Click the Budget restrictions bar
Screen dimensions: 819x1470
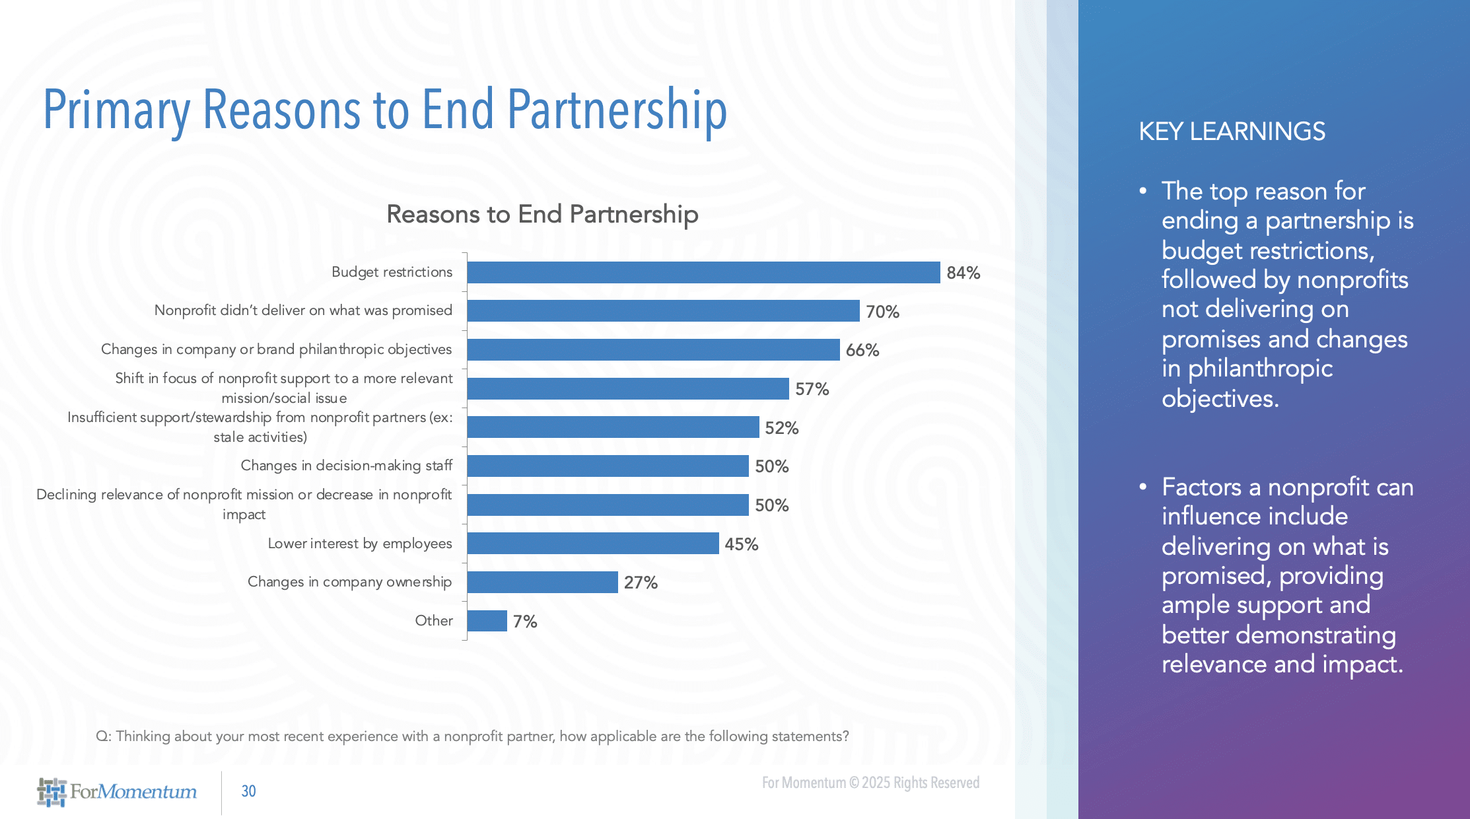pyautogui.click(x=703, y=272)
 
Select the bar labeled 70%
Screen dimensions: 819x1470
pyautogui.click(x=663, y=311)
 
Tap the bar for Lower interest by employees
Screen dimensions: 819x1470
pyautogui.click(x=592, y=544)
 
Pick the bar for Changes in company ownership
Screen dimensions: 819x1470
pyautogui.click(x=542, y=582)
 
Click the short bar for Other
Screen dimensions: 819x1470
pyautogui.click(x=487, y=621)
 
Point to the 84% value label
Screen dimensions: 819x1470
pyautogui.click(x=963, y=273)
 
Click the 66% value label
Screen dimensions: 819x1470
pyautogui.click(x=862, y=350)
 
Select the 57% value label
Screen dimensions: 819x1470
pyautogui.click(x=812, y=389)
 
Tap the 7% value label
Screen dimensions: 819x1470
pyautogui.click(x=525, y=622)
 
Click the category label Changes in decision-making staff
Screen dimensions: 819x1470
pyautogui.click(x=346, y=466)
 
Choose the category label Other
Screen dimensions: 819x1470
pyautogui.click(x=433, y=621)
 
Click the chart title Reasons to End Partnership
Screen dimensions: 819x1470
pyautogui.click(x=542, y=214)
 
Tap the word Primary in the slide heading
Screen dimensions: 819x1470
pyautogui.click(x=116, y=110)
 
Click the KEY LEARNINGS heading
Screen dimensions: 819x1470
pyautogui.click(x=1232, y=131)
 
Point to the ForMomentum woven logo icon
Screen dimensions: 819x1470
pyautogui.click(x=52, y=792)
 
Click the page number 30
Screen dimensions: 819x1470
pyautogui.click(x=248, y=791)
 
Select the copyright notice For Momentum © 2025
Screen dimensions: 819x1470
pyautogui.click(x=870, y=783)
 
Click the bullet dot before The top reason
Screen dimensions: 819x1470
pyautogui.click(x=1143, y=191)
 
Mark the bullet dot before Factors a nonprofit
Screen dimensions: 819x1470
pyautogui.click(x=1143, y=487)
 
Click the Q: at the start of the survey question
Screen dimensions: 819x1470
pyautogui.click(x=104, y=736)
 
